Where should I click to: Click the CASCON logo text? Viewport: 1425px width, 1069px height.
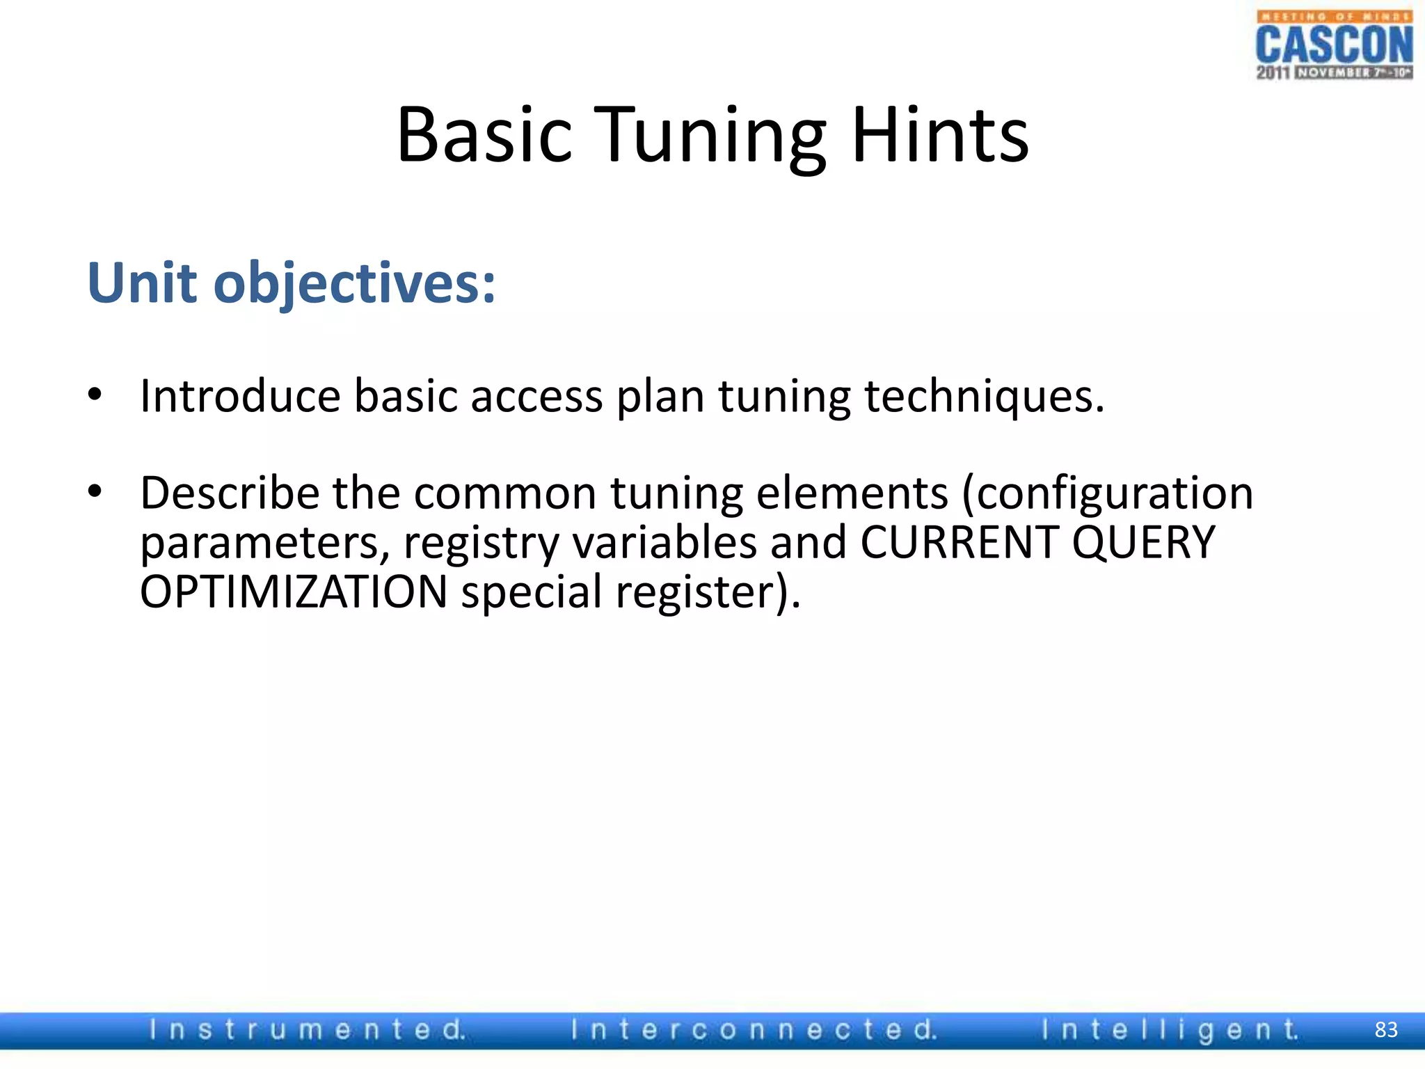click(x=1334, y=45)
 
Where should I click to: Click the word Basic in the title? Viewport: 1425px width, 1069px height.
click(x=484, y=135)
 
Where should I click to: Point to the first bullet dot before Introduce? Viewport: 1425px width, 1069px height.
click(x=95, y=395)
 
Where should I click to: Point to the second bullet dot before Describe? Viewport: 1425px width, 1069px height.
click(x=95, y=491)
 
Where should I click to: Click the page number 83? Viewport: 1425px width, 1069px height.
click(x=1386, y=1029)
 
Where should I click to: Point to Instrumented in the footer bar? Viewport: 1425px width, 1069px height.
click(x=307, y=1029)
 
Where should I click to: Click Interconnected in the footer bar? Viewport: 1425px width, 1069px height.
click(x=754, y=1029)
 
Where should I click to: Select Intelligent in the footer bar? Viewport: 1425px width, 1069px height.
click(x=1170, y=1029)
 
